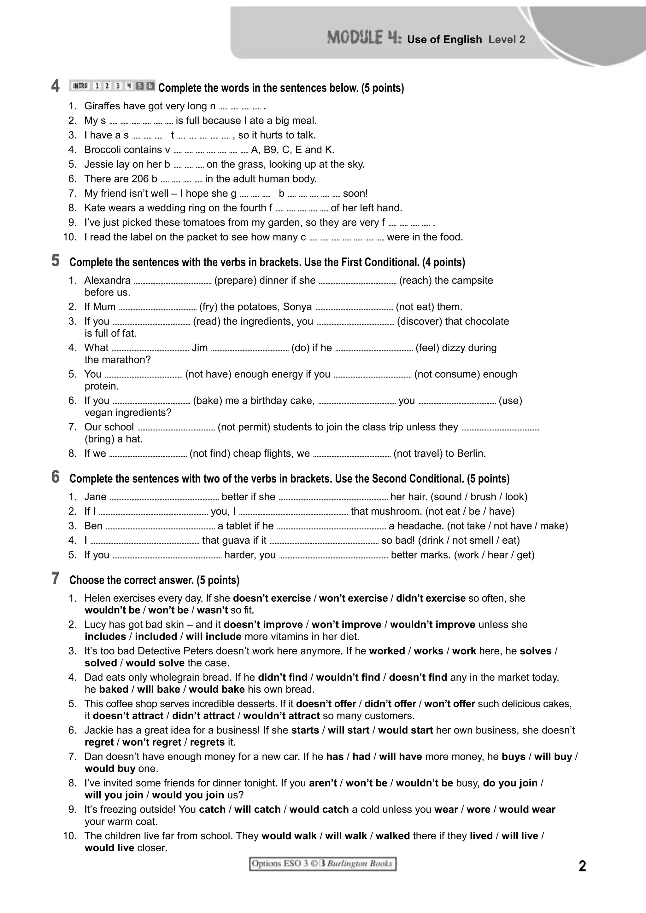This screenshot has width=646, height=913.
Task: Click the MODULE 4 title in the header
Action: (x=364, y=38)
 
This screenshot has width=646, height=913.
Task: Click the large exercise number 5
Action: (x=55, y=261)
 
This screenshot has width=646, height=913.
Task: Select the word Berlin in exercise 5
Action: (x=471, y=454)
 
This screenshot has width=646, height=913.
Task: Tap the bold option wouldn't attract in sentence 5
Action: (x=281, y=716)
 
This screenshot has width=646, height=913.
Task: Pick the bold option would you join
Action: (x=188, y=795)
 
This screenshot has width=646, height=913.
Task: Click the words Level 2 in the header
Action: (x=507, y=40)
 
